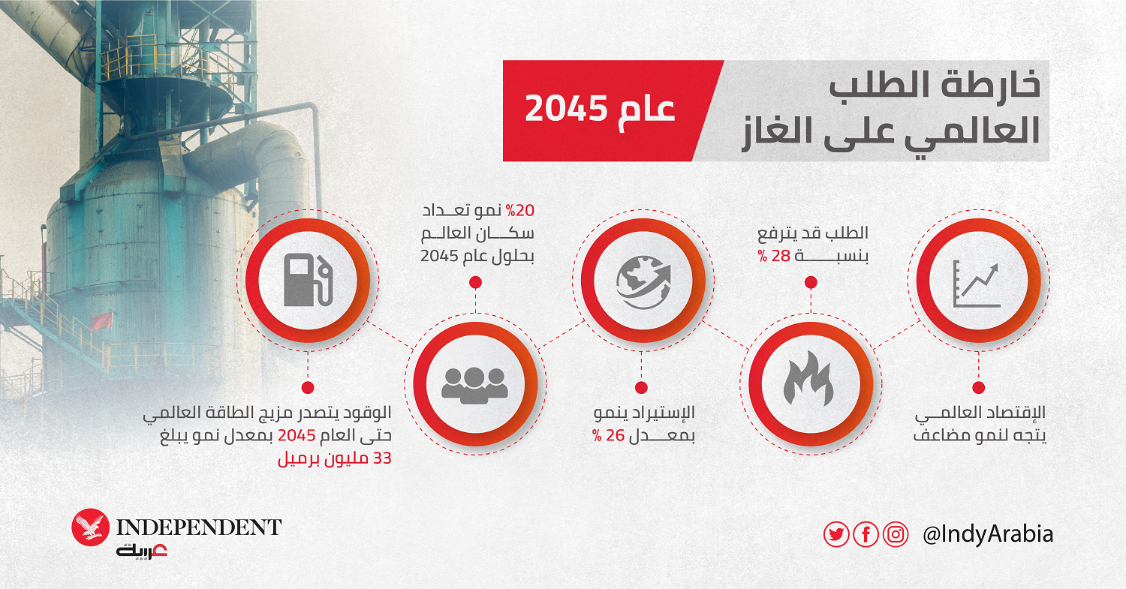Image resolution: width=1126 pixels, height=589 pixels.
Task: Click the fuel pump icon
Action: (308, 280)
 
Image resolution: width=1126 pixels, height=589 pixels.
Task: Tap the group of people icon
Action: (474, 386)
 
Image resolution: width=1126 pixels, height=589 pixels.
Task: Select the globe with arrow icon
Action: (643, 282)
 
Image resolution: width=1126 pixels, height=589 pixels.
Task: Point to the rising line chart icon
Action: (976, 284)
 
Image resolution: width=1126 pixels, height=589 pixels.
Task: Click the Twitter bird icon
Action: (836, 533)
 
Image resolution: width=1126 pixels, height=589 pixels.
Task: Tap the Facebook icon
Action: (866, 533)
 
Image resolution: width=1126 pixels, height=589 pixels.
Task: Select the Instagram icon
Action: (896, 533)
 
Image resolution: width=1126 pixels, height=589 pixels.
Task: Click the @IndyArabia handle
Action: (988, 533)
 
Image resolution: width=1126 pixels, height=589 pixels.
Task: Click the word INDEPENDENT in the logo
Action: (199, 527)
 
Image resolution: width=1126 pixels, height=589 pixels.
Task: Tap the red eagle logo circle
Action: (91, 527)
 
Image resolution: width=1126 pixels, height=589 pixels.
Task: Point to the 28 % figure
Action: (774, 256)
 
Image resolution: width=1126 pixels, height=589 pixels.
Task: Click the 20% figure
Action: (519, 211)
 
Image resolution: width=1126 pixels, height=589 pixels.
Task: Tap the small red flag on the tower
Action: (101, 320)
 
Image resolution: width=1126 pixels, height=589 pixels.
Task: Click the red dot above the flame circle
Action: (810, 282)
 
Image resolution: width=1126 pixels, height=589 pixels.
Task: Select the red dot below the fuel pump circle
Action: (308, 387)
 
